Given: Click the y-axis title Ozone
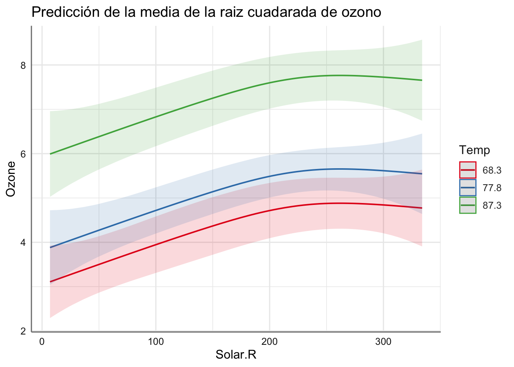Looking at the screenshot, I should pos(11,179).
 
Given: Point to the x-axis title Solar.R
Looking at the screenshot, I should pos(236,355).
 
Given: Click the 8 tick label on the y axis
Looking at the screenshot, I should pos(23,65).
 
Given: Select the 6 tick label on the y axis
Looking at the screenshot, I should pos(23,154).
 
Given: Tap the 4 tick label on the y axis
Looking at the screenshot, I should pos(23,242).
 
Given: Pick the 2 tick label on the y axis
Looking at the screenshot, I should pos(23,331).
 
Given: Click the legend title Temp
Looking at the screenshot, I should pos(475,150).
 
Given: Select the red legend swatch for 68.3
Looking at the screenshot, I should pos(468,170).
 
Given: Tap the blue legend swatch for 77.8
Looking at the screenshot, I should pos(468,188).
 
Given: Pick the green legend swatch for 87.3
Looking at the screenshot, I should pos(468,205).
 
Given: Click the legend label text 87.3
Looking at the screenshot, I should pos(492,206).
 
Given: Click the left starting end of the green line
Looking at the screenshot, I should pos(50,154).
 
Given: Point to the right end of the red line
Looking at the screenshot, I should pos(421,208).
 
